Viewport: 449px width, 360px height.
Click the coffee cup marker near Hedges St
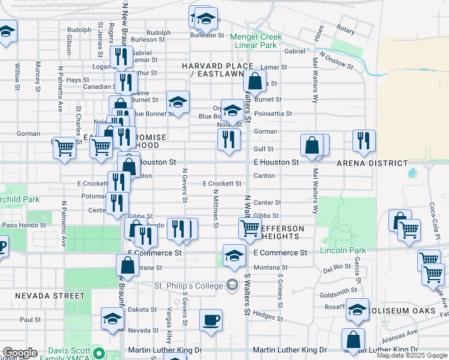[211, 320]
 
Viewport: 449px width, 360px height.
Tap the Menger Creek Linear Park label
[256, 41]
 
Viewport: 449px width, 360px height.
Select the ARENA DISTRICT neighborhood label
[372, 163]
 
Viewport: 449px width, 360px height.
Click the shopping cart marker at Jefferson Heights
[250, 228]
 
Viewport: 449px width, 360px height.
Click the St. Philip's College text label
[188, 285]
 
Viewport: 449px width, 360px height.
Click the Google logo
[19, 353]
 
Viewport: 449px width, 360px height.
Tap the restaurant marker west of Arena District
[364, 141]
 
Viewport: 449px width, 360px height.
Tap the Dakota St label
[142, 310]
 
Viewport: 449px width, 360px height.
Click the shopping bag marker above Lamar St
[255, 81]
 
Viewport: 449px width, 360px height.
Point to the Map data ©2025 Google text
[412, 355]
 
